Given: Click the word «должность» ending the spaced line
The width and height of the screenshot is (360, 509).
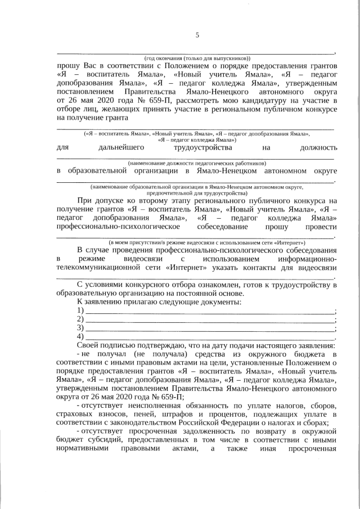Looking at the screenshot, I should (319, 147).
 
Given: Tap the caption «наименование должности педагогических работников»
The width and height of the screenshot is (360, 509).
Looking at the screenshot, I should (197, 162).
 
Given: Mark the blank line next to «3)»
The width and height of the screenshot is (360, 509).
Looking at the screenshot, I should (209, 328).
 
